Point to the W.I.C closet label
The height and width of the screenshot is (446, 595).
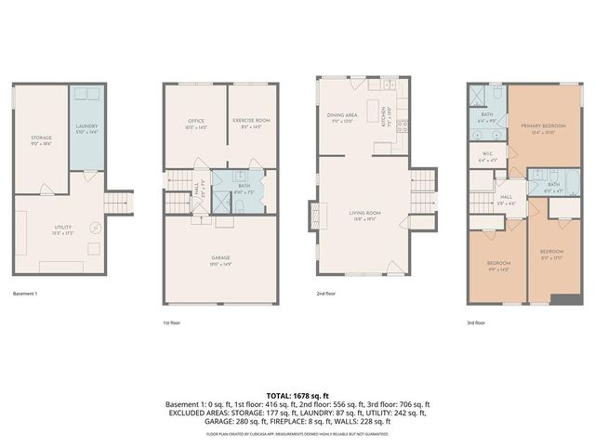click(x=487, y=155)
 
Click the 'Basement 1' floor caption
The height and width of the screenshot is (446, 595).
click(x=28, y=293)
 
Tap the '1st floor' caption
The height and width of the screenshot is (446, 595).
click(x=174, y=322)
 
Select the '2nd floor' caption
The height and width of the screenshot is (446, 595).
click(x=327, y=293)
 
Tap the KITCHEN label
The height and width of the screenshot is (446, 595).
click(x=386, y=116)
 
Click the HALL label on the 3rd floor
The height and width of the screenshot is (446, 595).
click(x=507, y=199)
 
